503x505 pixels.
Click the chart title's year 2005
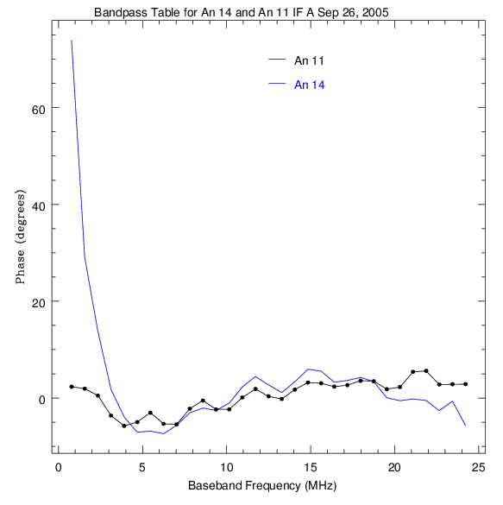click(375, 12)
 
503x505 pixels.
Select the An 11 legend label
click(309, 60)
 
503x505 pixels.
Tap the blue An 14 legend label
click(309, 85)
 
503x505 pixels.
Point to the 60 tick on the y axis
click(38, 109)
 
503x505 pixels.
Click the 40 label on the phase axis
click(38, 206)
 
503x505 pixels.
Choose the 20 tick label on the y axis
click(38, 303)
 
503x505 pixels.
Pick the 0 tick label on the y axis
click(41, 400)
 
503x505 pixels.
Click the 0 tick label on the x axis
click(59, 467)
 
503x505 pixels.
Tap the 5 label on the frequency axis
click(142, 467)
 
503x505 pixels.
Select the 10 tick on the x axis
click(227, 467)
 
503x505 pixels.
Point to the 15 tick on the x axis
click(311, 467)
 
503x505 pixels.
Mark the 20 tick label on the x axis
click(394, 467)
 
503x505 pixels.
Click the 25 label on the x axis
click(479, 467)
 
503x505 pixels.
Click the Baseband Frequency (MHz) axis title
click(262, 486)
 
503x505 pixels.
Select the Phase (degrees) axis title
click(20, 237)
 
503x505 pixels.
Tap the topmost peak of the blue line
click(72, 41)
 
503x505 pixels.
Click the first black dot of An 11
click(72, 387)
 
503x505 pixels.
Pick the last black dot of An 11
click(466, 384)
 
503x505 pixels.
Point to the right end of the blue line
click(466, 426)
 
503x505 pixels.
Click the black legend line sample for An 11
click(277, 59)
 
